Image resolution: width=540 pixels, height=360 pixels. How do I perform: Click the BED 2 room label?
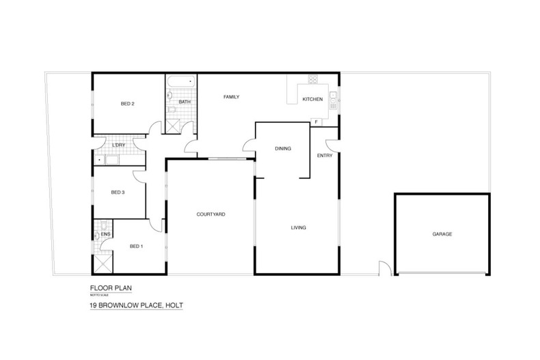click(127, 104)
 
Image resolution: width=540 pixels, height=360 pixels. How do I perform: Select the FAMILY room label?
click(231, 98)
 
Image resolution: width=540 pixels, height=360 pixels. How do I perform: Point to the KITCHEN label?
click(312, 100)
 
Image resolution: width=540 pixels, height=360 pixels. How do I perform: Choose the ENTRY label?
click(325, 156)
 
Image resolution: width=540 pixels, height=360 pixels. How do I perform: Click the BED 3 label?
click(118, 192)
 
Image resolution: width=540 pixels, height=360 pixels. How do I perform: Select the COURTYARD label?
click(211, 214)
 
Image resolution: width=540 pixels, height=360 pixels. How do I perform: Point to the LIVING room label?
click(298, 227)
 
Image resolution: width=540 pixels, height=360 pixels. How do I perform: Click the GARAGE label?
click(442, 234)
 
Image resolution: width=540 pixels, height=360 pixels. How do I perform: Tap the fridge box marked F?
click(317, 122)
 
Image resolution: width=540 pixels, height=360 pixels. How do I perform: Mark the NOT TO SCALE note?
click(101, 294)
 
